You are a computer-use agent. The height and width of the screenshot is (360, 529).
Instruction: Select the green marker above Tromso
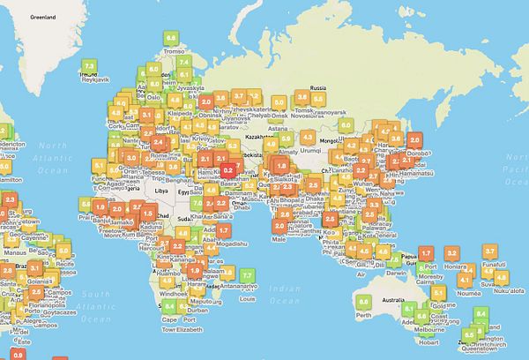[x=171, y=38]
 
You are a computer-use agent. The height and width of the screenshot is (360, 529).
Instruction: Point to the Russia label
[x=319, y=87]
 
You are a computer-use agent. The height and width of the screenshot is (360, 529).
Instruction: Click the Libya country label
[x=160, y=190]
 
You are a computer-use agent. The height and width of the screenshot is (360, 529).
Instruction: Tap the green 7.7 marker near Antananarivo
[x=250, y=272]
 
